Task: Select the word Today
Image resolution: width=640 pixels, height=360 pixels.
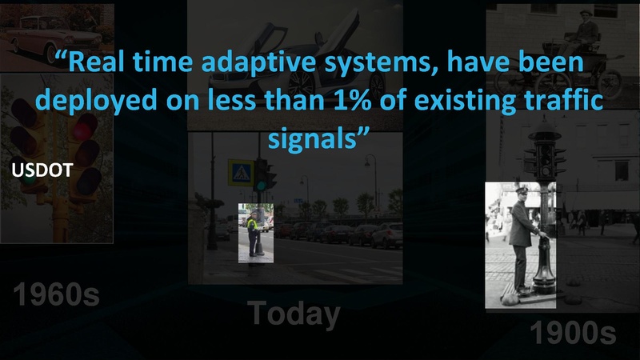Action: tap(293, 314)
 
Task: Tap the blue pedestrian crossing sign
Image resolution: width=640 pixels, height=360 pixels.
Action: tap(238, 171)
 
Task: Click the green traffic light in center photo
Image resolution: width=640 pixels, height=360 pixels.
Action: tap(261, 185)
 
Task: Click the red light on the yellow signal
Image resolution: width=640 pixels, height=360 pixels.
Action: tap(84, 128)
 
